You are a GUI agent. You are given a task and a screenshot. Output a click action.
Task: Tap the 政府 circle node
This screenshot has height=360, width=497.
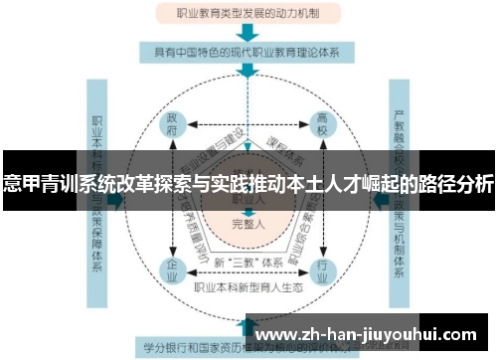pyautogui.click(x=173, y=127)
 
